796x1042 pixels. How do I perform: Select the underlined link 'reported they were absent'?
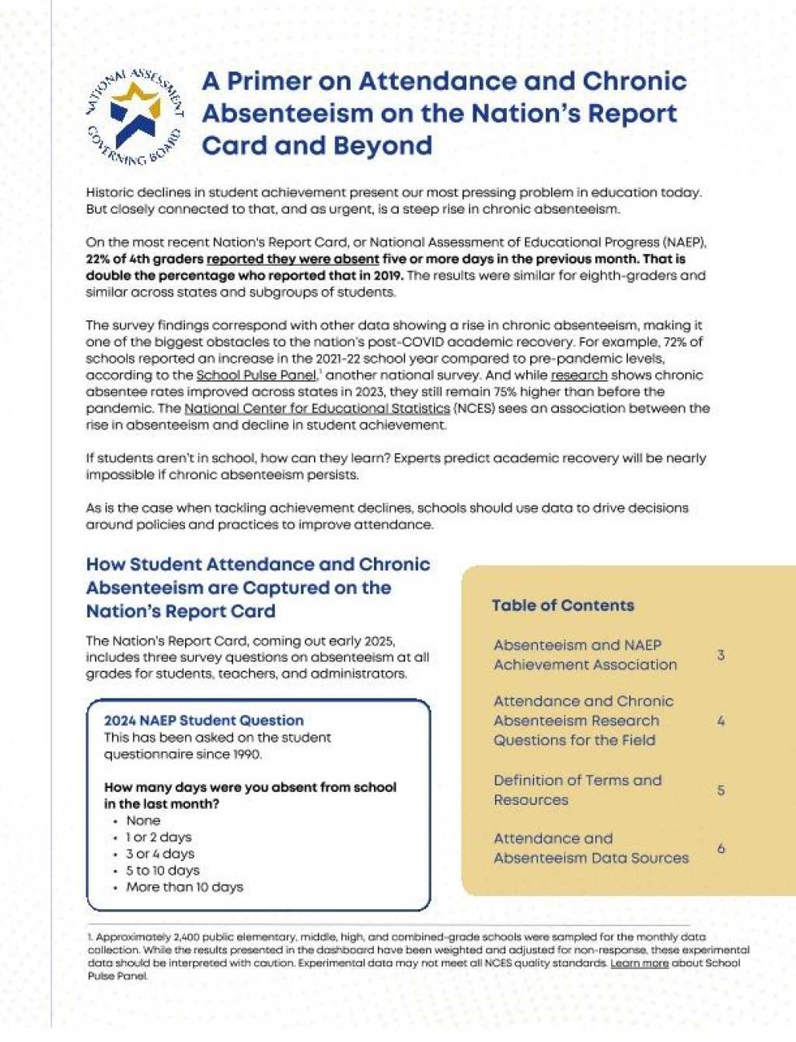293,259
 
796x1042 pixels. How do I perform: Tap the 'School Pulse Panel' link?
257,375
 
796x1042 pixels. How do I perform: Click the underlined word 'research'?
579,375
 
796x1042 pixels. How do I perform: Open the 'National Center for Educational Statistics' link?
317,408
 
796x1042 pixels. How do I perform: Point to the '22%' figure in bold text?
99,259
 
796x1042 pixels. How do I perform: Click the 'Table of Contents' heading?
563,605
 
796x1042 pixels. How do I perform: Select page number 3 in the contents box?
721,655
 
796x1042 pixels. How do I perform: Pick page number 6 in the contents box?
721,849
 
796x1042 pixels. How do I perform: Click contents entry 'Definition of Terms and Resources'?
577,789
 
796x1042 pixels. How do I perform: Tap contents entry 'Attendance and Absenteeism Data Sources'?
591,848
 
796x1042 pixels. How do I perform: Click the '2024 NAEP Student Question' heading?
204,720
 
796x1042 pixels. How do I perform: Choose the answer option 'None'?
143,821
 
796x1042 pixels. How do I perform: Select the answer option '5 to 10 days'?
162,870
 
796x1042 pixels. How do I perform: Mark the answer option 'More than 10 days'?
184,887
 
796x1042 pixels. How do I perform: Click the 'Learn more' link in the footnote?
639,963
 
